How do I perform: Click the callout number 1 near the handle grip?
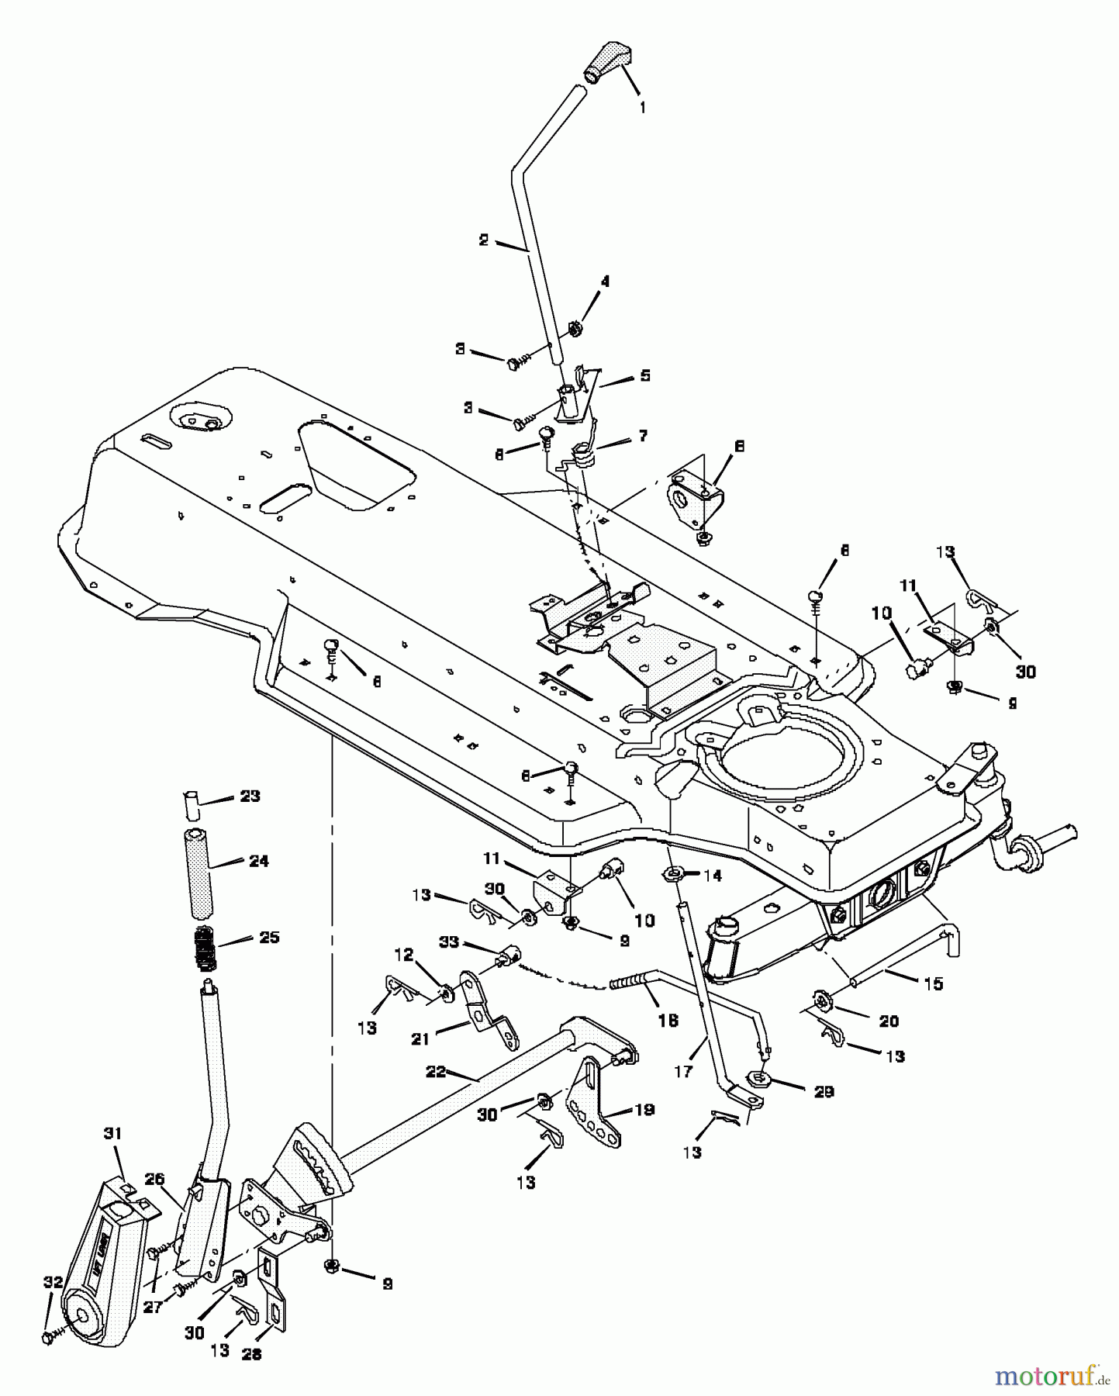pyautogui.click(x=642, y=107)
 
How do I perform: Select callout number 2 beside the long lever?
pyautogui.click(x=484, y=240)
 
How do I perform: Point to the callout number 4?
pyautogui.click(x=605, y=282)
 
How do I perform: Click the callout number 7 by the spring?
pyautogui.click(x=643, y=436)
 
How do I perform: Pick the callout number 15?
pyautogui.click(x=934, y=983)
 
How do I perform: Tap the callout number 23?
pyautogui.click(x=250, y=796)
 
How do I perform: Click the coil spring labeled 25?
pyautogui.click(x=205, y=948)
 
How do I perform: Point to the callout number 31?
pyautogui.click(x=112, y=1133)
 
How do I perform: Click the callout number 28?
pyautogui.click(x=252, y=1353)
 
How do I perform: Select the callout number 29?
pyautogui.click(x=824, y=1091)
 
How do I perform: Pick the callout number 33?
pyautogui.click(x=471, y=943)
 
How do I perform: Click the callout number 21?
pyautogui.click(x=420, y=1039)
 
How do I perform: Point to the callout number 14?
pyautogui.click(x=712, y=876)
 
